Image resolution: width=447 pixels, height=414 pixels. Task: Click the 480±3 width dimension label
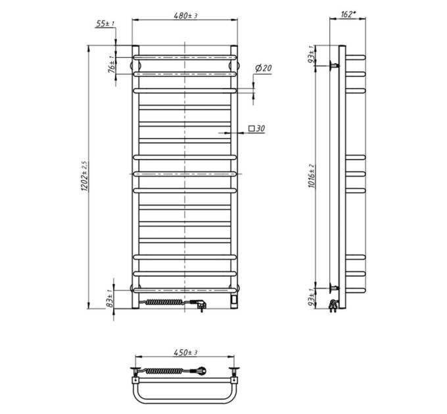click(x=185, y=15)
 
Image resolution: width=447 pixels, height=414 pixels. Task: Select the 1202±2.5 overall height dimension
click(x=85, y=176)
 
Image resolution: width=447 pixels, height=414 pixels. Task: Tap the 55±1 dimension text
click(x=105, y=24)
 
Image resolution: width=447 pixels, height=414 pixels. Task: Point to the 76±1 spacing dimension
click(x=112, y=64)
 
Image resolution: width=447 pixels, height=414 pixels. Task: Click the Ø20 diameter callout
click(x=263, y=68)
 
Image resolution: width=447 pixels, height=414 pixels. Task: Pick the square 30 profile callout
click(x=256, y=129)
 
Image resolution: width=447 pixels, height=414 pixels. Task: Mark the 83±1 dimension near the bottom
click(x=110, y=298)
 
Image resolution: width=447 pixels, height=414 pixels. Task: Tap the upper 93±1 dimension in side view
click(x=312, y=55)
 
